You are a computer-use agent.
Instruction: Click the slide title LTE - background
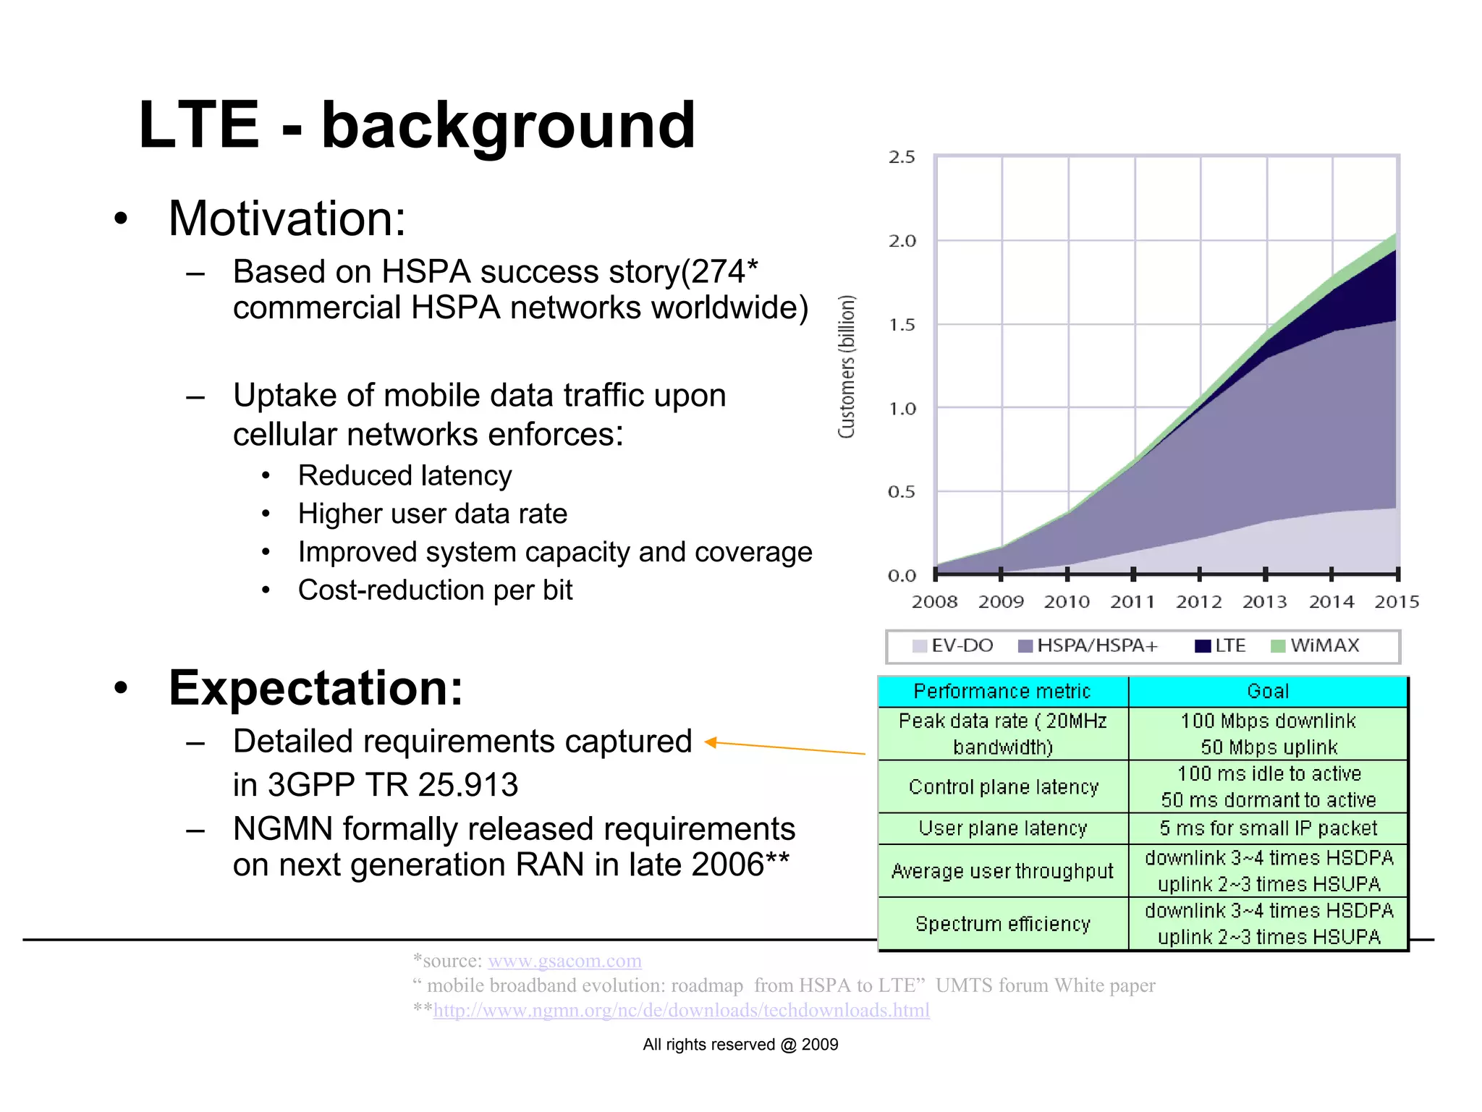[x=416, y=126]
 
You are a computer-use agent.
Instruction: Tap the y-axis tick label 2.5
[x=902, y=158]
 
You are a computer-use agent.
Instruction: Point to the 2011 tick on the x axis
[x=1133, y=574]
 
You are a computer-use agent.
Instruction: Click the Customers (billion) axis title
[x=847, y=366]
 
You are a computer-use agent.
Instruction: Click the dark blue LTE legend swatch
[x=1203, y=646]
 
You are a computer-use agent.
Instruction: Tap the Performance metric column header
[x=1002, y=692]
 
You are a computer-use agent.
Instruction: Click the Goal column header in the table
[x=1268, y=692]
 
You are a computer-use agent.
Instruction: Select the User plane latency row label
[x=1002, y=828]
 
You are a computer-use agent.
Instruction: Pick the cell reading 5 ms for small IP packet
[x=1268, y=828]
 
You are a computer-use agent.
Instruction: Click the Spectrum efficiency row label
[x=1002, y=924]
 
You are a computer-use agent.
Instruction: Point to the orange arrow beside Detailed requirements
[x=784, y=747]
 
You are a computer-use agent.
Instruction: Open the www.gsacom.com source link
[x=564, y=961]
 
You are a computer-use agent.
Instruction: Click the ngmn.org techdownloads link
[x=681, y=1010]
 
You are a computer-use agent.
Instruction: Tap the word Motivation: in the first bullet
[x=287, y=218]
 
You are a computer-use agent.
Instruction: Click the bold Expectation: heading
[x=316, y=687]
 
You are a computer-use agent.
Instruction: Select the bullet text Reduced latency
[x=405, y=476]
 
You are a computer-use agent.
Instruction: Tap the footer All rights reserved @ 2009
[x=740, y=1045]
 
